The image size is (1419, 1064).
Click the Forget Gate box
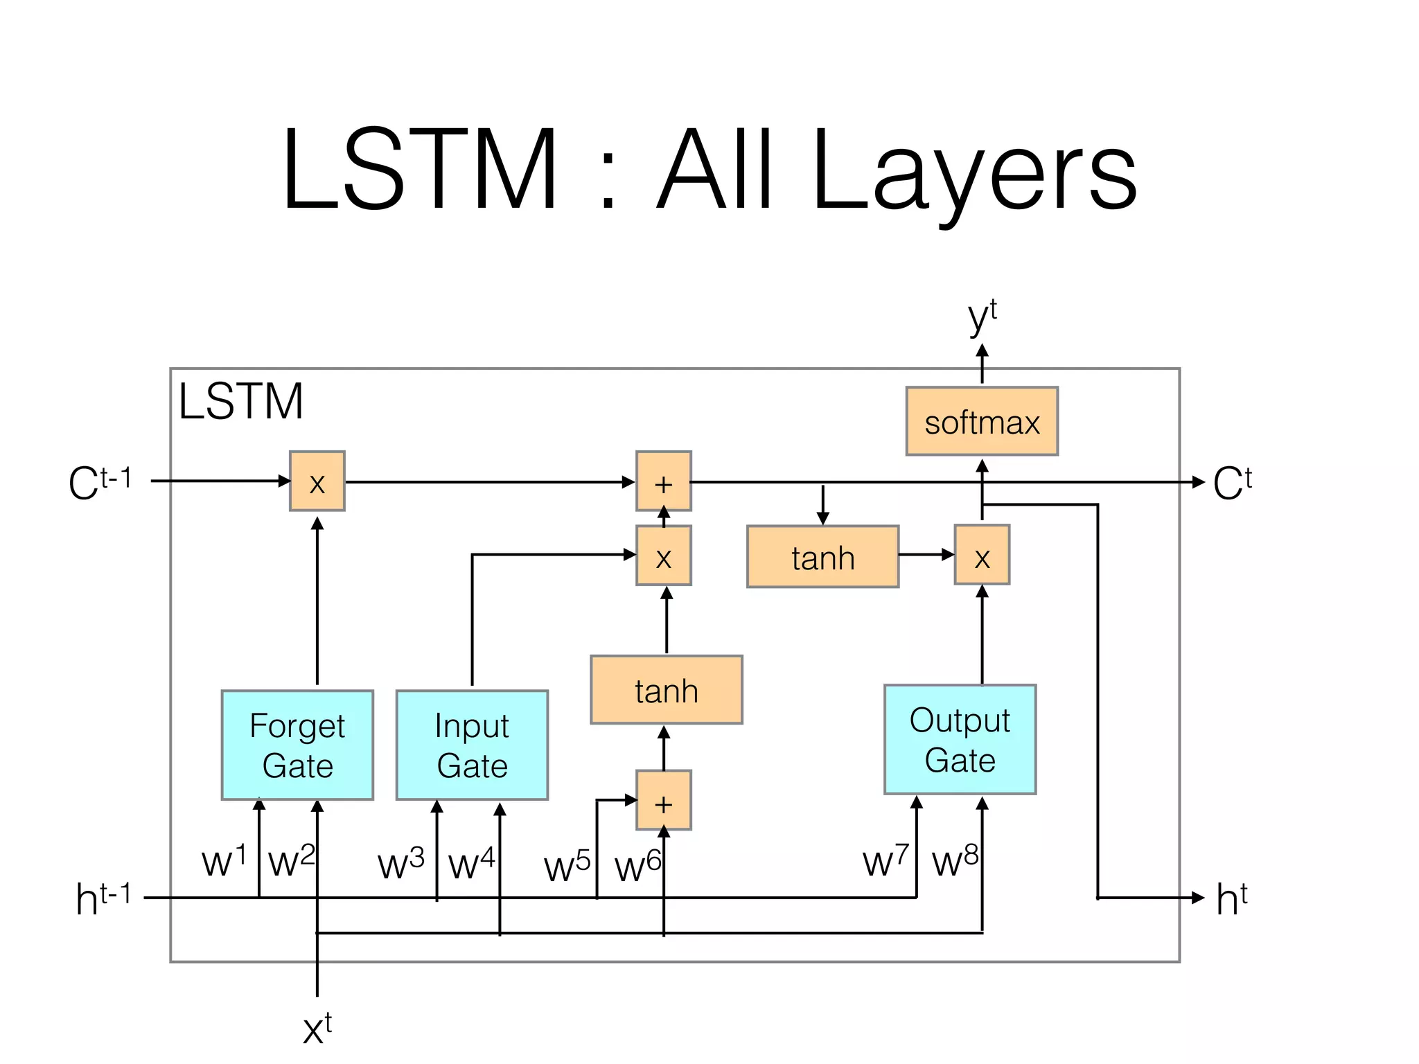[297, 745]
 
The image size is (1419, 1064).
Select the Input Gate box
[472, 745]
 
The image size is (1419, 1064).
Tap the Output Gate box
[960, 739]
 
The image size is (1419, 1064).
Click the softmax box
[982, 421]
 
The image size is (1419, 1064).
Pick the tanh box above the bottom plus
[666, 690]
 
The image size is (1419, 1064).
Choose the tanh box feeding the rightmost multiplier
[822, 557]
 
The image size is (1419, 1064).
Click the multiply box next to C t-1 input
[317, 481]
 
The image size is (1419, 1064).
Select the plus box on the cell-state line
[663, 481]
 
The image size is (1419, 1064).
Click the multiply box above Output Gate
[982, 555]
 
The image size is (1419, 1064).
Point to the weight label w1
[223, 861]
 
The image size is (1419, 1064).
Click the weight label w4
[471, 864]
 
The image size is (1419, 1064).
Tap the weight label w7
[885, 861]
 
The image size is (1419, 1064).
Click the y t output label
[982, 317]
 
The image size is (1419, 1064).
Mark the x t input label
[317, 1028]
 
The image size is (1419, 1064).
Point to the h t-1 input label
[103, 898]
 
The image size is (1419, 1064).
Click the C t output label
[1232, 482]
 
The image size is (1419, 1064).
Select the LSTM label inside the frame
[240, 401]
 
